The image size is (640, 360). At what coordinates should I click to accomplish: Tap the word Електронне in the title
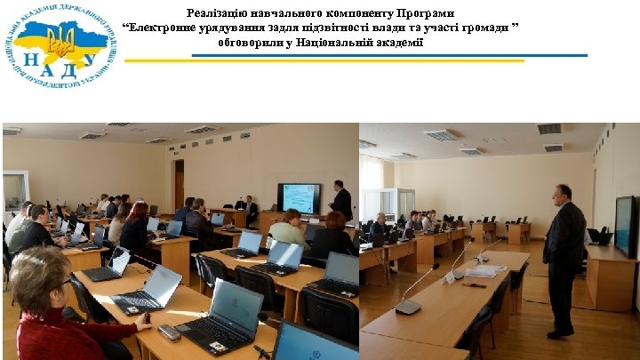pyautogui.click(x=160, y=28)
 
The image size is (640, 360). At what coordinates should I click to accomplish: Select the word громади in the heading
pyautogui.click(x=482, y=28)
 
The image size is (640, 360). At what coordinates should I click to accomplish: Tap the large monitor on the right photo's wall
pyautogui.click(x=624, y=227)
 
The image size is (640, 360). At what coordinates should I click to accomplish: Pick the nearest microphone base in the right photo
pyautogui.click(x=408, y=307)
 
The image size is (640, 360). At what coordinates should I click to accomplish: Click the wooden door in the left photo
pyautogui.click(x=179, y=184)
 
